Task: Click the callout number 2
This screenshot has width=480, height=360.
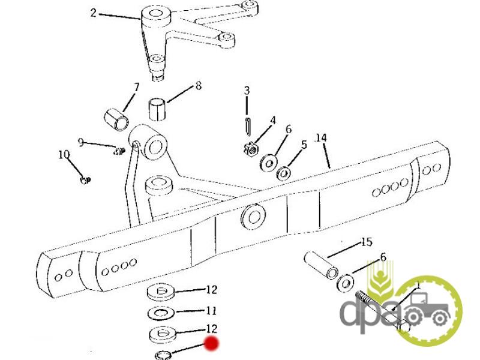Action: [94, 13]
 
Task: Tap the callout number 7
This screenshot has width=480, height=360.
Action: [136, 87]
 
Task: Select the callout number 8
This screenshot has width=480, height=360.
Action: [199, 86]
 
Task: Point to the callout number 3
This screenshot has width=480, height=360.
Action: [247, 91]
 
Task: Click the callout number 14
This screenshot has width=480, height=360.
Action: [321, 138]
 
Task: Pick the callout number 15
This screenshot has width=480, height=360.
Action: [367, 242]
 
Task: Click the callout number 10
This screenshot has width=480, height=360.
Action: [64, 155]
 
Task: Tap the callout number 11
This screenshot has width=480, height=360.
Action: [211, 311]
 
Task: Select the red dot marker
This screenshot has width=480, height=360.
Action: [212, 343]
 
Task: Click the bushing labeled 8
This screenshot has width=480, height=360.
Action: [157, 109]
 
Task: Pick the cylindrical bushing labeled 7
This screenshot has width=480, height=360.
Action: [116, 119]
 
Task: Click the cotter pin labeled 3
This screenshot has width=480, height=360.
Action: [248, 125]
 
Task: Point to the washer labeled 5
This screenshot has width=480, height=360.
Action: [284, 173]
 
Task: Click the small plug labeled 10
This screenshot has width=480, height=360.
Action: [85, 180]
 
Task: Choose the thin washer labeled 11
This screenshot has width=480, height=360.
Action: [161, 313]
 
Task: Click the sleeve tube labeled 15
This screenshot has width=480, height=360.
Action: [321, 265]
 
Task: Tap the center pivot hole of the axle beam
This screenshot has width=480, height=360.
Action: [253, 217]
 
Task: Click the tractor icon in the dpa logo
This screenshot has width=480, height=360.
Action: [427, 308]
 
